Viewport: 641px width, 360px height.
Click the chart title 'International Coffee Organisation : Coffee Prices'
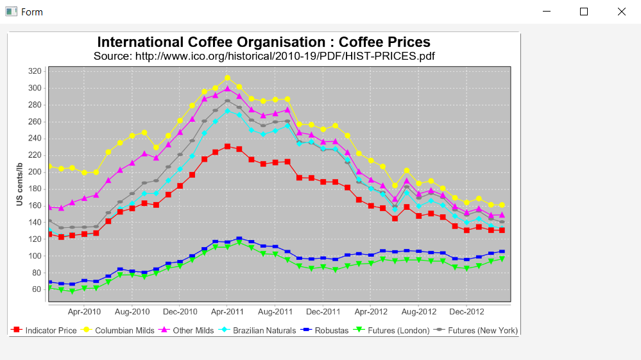(264, 42)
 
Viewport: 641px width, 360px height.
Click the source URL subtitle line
(264, 56)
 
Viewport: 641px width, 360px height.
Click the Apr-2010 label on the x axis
(84, 312)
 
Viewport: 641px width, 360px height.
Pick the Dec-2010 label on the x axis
(180, 312)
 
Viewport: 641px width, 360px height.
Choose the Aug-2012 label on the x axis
(419, 312)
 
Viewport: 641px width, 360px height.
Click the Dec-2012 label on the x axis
(466, 312)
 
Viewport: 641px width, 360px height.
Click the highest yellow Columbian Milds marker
(227, 78)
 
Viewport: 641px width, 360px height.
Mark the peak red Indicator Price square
(227, 147)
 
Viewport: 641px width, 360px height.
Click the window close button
(621, 12)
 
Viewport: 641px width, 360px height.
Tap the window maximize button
(584, 12)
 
